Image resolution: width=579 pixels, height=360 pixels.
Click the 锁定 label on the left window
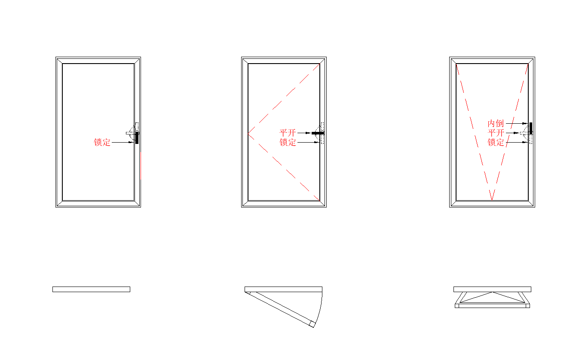tap(102, 142)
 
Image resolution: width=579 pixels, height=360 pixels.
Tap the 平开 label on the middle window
tap(288, 133)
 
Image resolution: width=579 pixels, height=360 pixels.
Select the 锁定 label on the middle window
tap(288, 142)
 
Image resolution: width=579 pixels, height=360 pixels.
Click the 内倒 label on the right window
tap(496, 123)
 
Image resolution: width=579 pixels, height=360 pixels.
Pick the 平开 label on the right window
tap(496, 133)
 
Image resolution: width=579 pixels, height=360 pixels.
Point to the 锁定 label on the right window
tap(496, 142)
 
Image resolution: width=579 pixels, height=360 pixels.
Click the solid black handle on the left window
tap(137, 137)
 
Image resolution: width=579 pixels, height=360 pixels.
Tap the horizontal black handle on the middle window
tap(318, 133)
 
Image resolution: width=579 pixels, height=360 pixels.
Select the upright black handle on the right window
tap(531, 128)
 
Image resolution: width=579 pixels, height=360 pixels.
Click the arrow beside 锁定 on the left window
tap(122, 142)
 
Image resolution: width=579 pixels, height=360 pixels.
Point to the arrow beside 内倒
tap(516, 123)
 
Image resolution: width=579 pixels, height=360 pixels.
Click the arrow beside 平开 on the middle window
tap(304, 133)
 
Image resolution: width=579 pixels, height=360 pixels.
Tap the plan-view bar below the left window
tap(91, 289)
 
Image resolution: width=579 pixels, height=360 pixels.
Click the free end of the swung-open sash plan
tap(312, 324)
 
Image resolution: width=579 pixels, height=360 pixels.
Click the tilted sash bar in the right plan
tap(492, 306)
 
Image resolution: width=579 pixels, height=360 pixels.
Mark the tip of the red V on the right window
tap(492, 200)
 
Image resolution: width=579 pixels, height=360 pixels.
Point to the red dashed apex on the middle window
tap(248, 134)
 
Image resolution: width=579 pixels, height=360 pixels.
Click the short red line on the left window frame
tap(141, 165)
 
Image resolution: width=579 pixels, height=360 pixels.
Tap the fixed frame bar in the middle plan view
tap(283, 289)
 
